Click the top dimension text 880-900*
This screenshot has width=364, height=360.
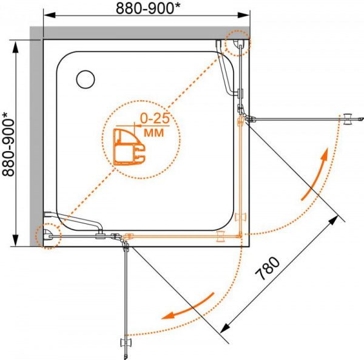click(x=148, y=8)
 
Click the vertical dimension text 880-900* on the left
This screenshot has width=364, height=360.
click(x=8, y=144)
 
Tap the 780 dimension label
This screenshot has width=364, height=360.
click(x=268, y=268)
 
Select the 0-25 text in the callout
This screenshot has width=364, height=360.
click(x=155, y=119)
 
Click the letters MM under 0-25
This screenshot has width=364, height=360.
click(x=154, y=133)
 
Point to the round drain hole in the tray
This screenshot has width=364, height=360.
click(x=86, y=79)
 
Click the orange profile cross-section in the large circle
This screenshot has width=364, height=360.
click(x=129, y=146)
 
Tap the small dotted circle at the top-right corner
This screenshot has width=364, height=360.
click(x=238, y=43)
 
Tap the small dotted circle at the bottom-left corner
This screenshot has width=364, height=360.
click(x=48, y=236)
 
